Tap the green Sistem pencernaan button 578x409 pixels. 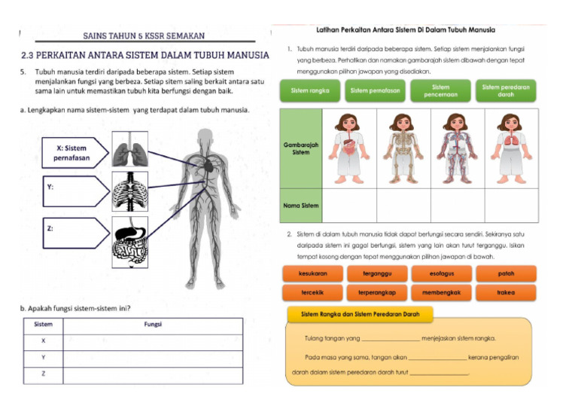(x=440, y=91)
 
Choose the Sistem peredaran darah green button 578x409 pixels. (x=506, y=91)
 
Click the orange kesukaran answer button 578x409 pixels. (x=309, y=273)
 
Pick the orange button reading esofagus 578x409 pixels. (x=440, y=273)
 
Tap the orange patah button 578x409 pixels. (x=506, y=273)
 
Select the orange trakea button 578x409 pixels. (x=506, y=292)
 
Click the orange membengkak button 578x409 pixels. (x=440, y=292)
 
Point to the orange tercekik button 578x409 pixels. (x=309, y=292)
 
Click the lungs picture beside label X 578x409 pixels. (x=134, y=149)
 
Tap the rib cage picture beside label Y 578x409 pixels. (x=134, y=191)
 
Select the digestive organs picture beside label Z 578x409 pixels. (x=134, y=242)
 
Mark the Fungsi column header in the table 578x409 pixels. (x=153, y=325)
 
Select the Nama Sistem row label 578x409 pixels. (x=300, y=205)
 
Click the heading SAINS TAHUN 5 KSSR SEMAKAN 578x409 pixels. (x=143, y=35)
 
